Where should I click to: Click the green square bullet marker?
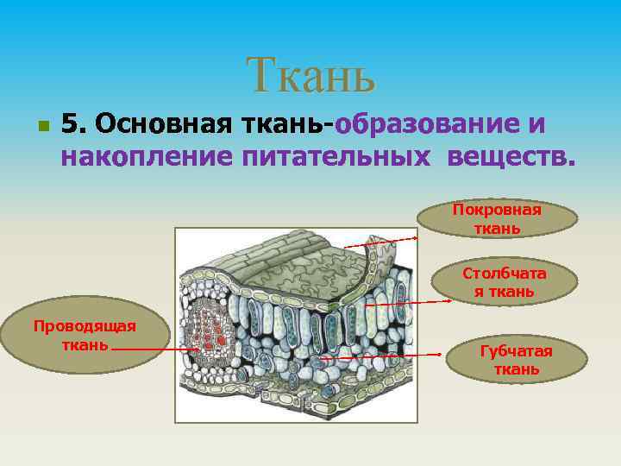(42, 126)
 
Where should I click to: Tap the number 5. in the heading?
(75, 124)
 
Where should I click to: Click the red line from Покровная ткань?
(379, 242)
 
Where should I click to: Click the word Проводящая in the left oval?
(85, 325)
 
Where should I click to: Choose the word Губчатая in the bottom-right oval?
(516, 351)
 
